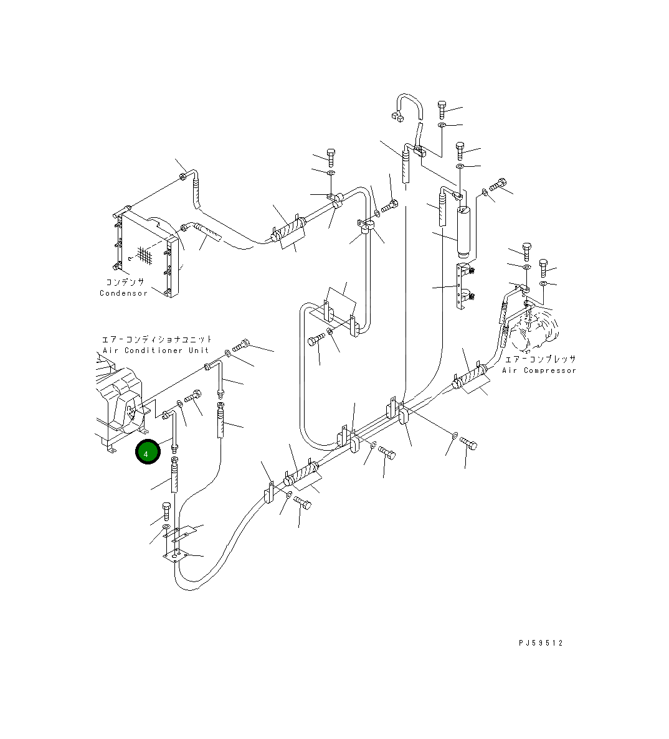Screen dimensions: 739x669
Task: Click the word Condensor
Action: point(124,293)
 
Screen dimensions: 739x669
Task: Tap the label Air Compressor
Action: point(539,370)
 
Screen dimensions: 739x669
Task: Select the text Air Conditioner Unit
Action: point(156,351)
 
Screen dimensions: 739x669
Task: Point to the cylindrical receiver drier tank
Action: point(465,232)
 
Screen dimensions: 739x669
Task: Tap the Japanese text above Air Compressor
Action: point(539,359)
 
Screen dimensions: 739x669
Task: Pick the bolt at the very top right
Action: point(442,110)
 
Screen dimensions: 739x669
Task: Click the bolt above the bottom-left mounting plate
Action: point(166,511)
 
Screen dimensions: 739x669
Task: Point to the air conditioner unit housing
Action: point(121,402)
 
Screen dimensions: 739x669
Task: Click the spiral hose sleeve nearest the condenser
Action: point(288,232)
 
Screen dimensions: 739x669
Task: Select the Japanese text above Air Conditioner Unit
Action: point(157,339)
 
